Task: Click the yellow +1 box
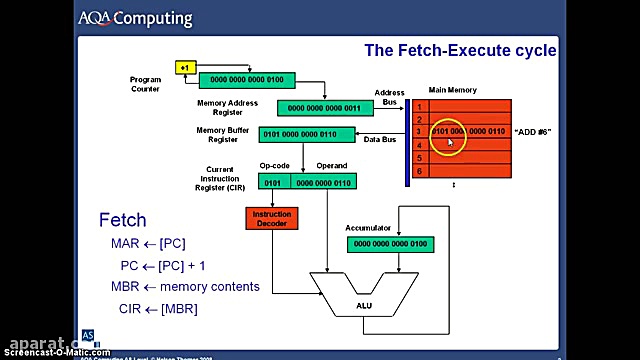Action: [185, 68]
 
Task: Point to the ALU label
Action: [364, 307]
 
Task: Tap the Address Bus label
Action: [390, 98]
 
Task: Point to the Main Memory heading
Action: [452, 89]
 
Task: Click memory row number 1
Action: [421, 106]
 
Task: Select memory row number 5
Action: [421, 158]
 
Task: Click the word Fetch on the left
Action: [122, 220]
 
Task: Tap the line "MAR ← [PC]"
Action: [148, 243]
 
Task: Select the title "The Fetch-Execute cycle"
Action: [459, 50]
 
